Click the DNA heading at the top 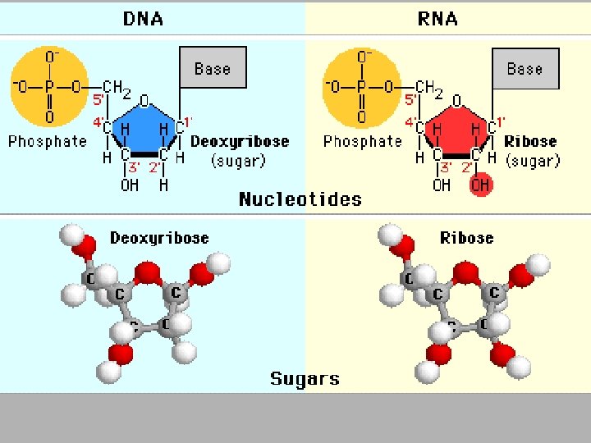143,18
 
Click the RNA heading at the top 438,18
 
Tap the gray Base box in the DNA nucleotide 213,68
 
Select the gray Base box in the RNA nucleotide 525,68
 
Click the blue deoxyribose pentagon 144,128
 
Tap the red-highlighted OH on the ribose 480,185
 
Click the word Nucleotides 300,199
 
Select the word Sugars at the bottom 305,379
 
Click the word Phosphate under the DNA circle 48,141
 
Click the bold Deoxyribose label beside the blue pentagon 240,141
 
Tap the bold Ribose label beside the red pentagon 530,141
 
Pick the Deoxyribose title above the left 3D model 159,239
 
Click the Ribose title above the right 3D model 467,239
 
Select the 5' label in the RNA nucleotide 410,101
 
